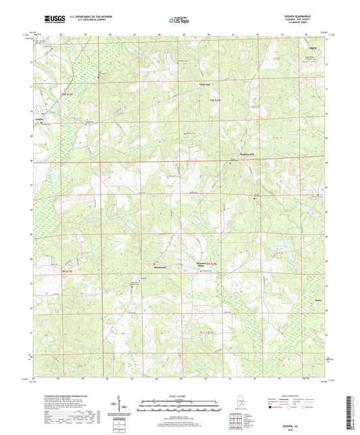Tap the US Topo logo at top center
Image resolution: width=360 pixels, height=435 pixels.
pyautogui.click(x=177, y=21)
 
